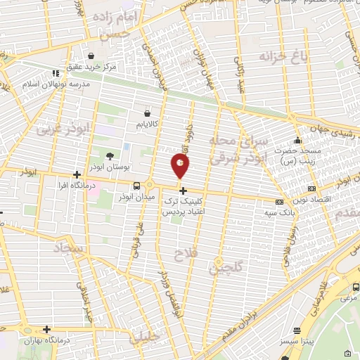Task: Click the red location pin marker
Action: click(x=180, y=166)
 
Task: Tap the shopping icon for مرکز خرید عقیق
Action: click(x=91, y=56)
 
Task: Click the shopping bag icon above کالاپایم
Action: click(x=146, y=112)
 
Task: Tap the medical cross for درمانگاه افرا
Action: click(x=77, y=174)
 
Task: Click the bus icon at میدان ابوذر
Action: click(x=136, y=186)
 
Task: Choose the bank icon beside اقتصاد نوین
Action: click(x=311, y=188)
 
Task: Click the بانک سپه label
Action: click(x=278, y=211)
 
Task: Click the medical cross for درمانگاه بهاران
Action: click(x=46, y=328)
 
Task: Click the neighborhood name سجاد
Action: click(x=67, y=248)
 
